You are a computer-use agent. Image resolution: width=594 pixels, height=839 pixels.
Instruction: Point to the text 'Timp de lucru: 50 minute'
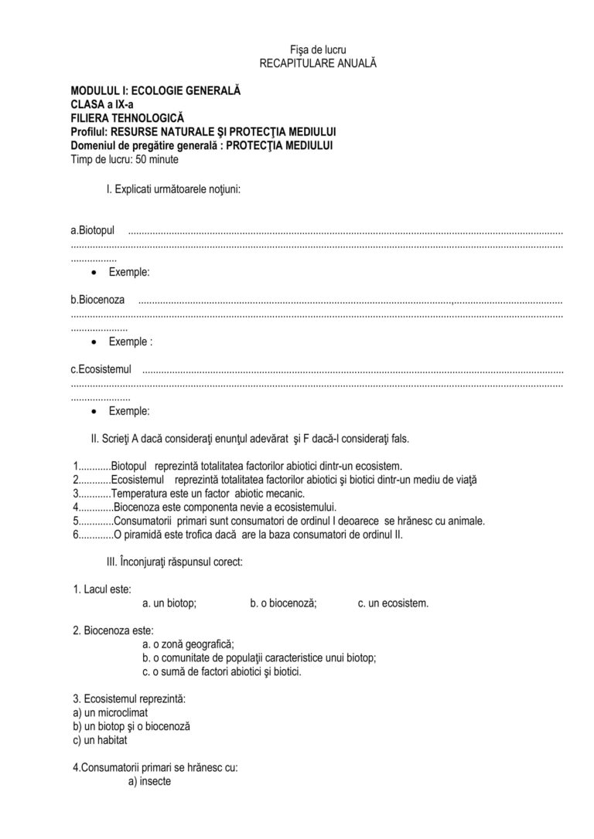[125, 160]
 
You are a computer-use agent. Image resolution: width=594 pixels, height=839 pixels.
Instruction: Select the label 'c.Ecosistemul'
[101, 369]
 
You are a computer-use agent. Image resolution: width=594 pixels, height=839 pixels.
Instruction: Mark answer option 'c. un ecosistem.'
[393, 603]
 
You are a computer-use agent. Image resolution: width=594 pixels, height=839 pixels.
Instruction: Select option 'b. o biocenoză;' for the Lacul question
[283, 603]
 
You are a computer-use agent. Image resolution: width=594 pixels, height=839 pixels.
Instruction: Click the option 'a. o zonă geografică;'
[189, 644]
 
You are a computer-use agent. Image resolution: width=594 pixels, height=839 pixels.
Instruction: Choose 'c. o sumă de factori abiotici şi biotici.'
[223, 671]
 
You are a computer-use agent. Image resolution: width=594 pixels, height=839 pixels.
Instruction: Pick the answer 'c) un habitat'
[100, 739]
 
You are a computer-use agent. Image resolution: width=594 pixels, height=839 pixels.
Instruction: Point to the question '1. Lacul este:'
[102, 589]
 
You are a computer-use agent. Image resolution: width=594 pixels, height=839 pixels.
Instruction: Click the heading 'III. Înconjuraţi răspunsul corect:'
[175, 562]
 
